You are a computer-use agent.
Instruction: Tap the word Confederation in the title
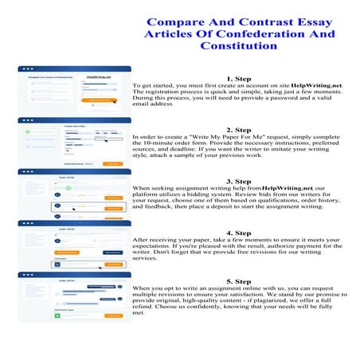point(230,34)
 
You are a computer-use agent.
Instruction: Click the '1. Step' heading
point(239,79)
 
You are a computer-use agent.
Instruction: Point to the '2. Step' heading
point(239,129)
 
